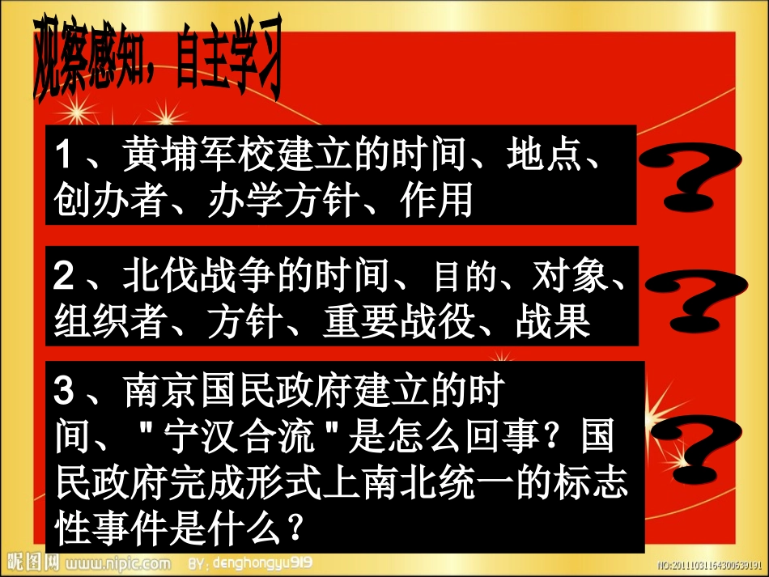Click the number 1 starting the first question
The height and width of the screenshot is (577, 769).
pos(64,155)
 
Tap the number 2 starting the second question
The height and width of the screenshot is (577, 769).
pos(64,278)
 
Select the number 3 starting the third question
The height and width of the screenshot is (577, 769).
pos(64,394)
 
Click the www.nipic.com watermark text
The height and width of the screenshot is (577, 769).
pos(117,562)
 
